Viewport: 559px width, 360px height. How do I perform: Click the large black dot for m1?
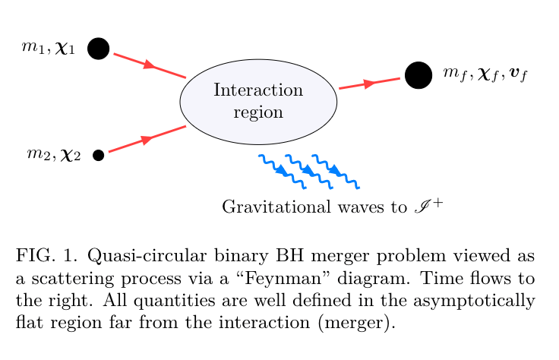click(98, 49)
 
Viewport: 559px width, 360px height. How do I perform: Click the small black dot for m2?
click(98, 156)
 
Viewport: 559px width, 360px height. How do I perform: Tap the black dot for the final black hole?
click(418, 74)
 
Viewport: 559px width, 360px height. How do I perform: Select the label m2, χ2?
click(54, 156)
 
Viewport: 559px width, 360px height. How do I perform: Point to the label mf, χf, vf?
click(485, 74)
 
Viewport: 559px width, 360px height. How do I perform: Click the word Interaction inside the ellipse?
click(258, 90)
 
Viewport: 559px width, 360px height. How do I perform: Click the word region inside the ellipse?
click(258, 112)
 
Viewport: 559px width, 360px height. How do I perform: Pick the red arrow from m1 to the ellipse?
click(150, 65)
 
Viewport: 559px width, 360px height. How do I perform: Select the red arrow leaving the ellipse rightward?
click(369, 83)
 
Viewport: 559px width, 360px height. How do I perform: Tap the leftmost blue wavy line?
click(282, 172)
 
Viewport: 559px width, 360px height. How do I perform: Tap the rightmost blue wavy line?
click(335, 172)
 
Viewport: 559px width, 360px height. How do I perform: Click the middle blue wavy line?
click(308, 172)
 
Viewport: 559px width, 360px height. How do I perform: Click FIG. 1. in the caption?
click(39, 255)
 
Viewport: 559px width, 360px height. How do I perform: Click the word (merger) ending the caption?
click(365, 322)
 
